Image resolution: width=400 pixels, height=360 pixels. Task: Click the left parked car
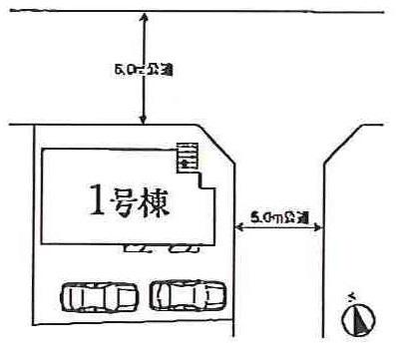click(99, 296)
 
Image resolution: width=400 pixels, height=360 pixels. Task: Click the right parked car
click(188, 295)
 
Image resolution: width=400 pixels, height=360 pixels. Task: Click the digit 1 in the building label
click(97, 202)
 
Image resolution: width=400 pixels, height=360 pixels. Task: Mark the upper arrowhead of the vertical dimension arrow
click(147, 17)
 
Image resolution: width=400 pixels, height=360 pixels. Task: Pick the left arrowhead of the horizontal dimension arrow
click(236, 228)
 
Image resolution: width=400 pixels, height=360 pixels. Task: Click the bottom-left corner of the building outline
click(42, 239)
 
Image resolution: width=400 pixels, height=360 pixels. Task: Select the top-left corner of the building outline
click(42, 150)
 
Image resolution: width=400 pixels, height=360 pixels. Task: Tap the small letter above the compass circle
click(352, 296)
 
